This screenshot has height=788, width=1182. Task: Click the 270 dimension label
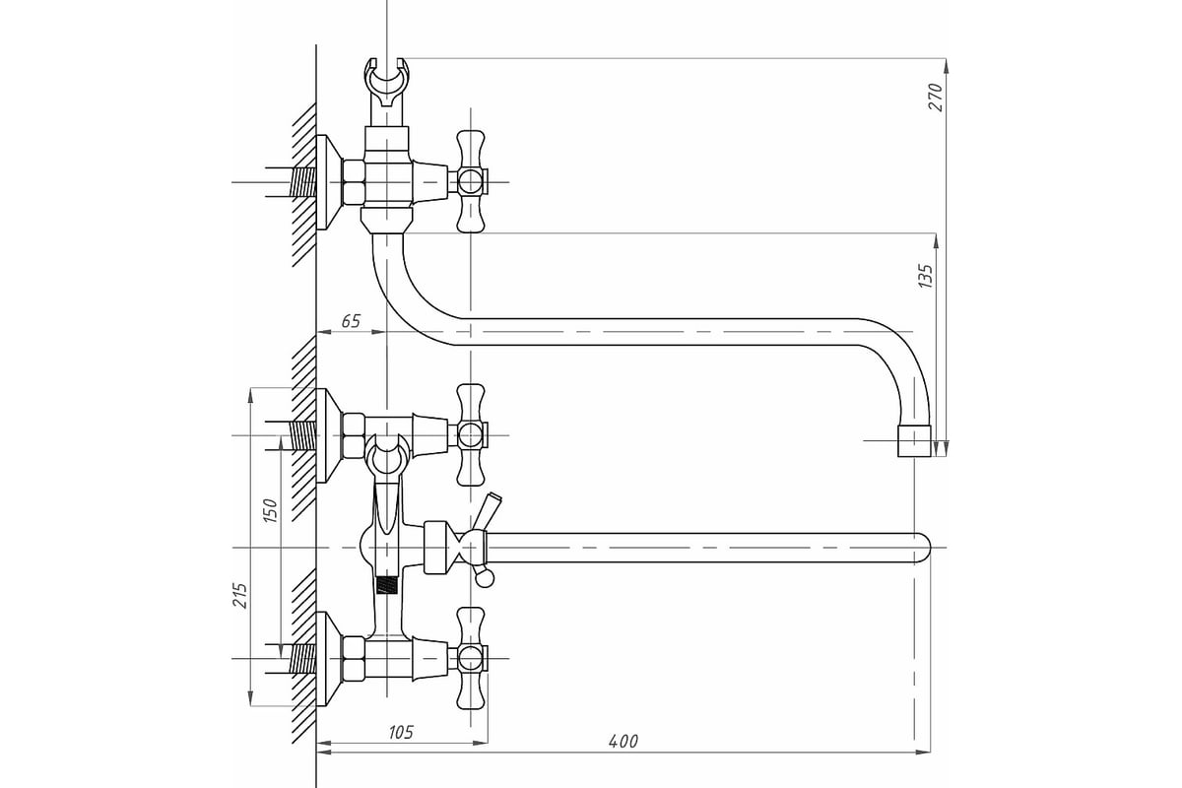pyautogui.click(x=936, y=97)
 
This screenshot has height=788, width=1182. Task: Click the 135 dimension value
pyautogui.click(x=926, y=276)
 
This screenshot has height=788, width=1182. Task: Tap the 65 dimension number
pyautogui.click(x=351, y=321)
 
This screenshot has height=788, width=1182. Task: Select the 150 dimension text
pyautogui.click(x=270, y=510)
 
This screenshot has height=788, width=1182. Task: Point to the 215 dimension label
pyautogui.click(x=240, y=595)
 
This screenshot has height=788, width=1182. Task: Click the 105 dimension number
pyautogui.click(x=401, y=732)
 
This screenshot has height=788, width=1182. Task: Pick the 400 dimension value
pyautogui.click(x=624, y=741)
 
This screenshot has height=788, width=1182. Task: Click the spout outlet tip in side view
pyautogui.click(x=914, y=440)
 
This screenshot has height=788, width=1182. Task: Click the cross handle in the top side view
pyautogui.click(x=471, y=181)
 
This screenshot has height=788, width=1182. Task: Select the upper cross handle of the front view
pyautogui.click(x=471, y=435)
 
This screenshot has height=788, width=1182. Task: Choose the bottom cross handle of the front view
pyautogui.click(x=471, y=658)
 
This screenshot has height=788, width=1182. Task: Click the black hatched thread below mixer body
pyautogui.click(x=387, y=585)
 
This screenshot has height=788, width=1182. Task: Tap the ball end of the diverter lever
pyautogui.click(x=485, y=578)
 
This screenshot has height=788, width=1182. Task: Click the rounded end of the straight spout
pyautogui.click(x=922, y=548)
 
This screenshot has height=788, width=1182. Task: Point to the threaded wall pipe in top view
pyautogui.click(x=303, y=182)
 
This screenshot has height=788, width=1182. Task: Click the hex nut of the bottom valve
pyautogui.click(x=354, y=659)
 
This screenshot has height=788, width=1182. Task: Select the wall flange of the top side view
pyautogui.click(x=328, y=182)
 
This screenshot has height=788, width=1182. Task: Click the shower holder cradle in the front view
pyautogui.click(x=387, y=455)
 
